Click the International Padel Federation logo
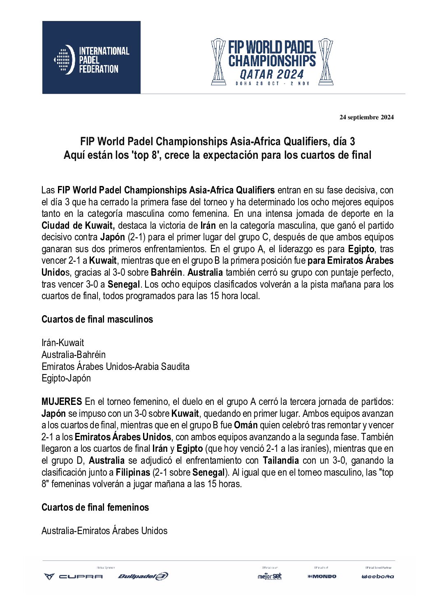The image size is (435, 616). (91, 58)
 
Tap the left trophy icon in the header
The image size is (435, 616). (218, 62)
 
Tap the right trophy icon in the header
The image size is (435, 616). (326, 62)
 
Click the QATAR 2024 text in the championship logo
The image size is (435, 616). (272, 74)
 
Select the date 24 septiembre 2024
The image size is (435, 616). (366, 117)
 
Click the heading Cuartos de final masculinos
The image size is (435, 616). (97, 319)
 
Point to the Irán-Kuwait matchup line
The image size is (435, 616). (62, 343)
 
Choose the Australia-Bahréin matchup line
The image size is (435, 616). (74, 355)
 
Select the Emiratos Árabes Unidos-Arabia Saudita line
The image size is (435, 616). (116, 367)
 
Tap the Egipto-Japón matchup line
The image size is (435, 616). (66, 378)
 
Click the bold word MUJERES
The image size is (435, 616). (62, 402)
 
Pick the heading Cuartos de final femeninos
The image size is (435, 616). (95, 507)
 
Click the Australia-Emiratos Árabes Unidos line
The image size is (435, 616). (104, 531)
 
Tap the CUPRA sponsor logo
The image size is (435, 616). (74, 576)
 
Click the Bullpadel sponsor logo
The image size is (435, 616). (143, 576)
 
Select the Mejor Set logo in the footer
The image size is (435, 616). (270, 576)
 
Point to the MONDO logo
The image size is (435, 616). (322, 576)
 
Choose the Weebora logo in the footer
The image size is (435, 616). (378, 576)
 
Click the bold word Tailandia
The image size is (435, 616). (281, 460)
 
